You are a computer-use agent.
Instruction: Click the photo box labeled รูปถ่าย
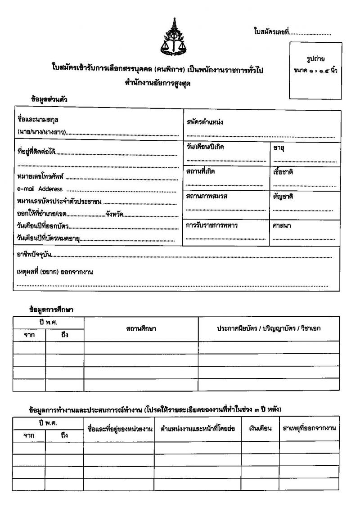[x=315, y=70]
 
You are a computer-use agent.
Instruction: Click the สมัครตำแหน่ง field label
[x=205, y=122]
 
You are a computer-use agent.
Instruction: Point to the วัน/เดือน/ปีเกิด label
[x=205, y=148]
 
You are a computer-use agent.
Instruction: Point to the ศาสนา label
[x=282, y=226]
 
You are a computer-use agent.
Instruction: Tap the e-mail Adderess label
[x=40, y=189]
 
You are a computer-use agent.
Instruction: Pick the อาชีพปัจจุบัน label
[x=34, y=255]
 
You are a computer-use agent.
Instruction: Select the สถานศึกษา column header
[x=141, y=329]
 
